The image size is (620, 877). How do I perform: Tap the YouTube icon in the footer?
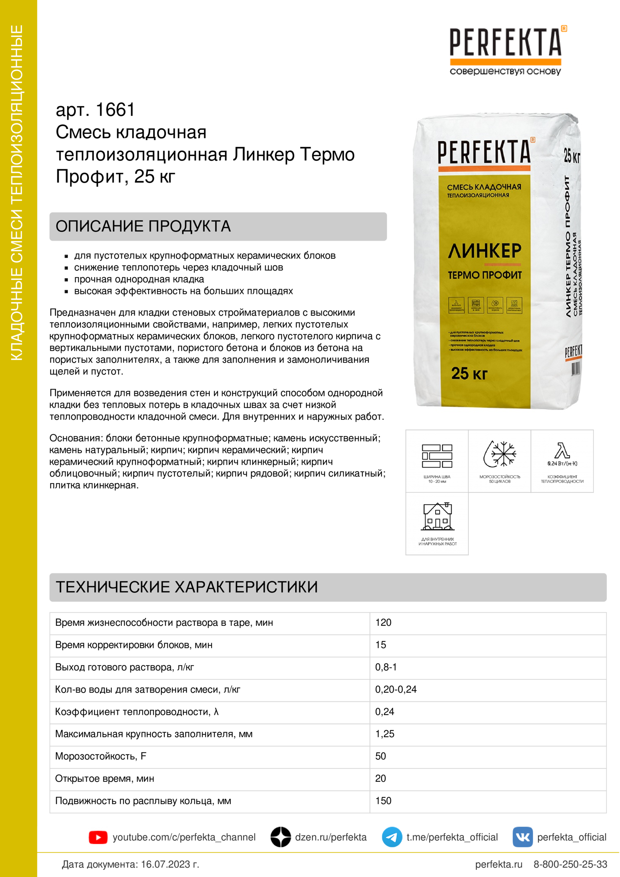(98, 837)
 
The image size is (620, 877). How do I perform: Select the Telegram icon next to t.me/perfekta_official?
(392, 837)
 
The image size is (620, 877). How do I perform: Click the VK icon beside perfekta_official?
(522, 837)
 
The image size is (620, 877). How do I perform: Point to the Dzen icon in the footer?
(281, 837)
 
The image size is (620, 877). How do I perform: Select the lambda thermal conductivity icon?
(562, 451)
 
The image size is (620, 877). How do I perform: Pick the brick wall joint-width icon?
(437, 456)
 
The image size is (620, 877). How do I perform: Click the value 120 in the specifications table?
(383, 623)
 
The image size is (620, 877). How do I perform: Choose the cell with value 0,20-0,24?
(396, 690)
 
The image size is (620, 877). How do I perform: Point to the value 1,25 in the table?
(385, 734)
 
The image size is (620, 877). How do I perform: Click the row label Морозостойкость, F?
(101, 756)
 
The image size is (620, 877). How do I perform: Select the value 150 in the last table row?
(383, 801)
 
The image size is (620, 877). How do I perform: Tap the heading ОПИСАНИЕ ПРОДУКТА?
(143, 226)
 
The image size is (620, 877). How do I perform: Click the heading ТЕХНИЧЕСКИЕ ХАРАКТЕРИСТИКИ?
(187, 587)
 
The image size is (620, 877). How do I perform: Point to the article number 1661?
(115, 110)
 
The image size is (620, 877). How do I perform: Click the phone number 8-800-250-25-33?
(570, 864)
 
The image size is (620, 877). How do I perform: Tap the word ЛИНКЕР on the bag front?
(484, 251)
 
